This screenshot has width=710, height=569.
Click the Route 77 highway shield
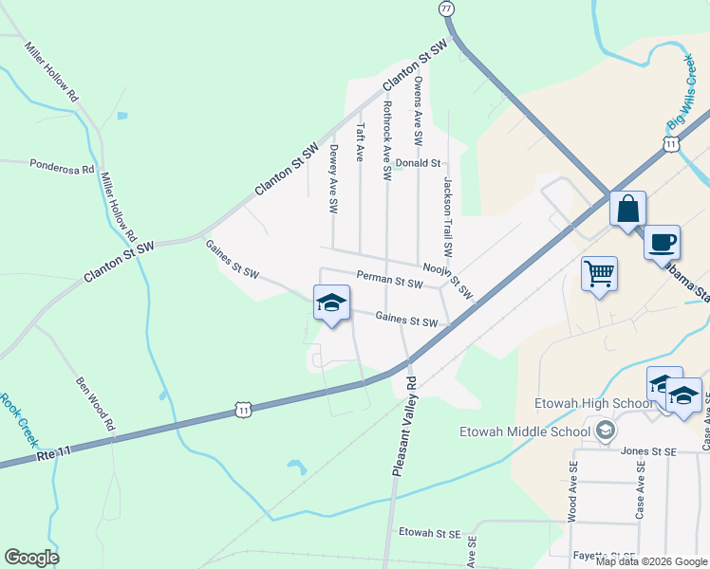point(447,8)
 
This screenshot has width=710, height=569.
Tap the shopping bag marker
point(627,209)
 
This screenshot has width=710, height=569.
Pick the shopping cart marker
point(599,274)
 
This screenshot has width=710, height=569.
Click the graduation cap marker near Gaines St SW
point(331,303)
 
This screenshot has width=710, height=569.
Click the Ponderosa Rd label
point(62,166)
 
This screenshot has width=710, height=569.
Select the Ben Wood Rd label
point(95,399)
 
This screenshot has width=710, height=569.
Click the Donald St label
point(420,163)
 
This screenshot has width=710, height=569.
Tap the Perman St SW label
point(389,282)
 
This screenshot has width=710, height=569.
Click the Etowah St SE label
point(429,533)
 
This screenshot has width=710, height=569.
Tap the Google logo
point(31,558)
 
